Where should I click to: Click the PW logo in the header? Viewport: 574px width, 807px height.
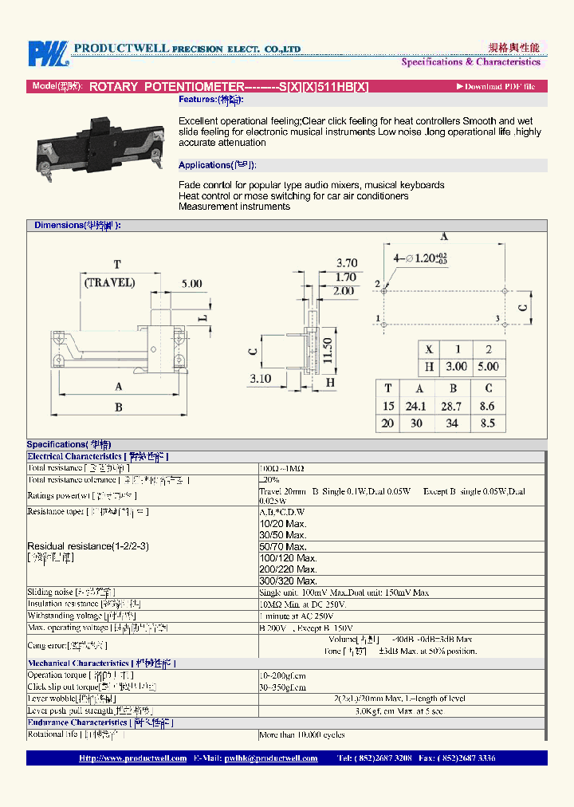[49, 53]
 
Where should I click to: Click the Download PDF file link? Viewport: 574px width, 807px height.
[496, 86]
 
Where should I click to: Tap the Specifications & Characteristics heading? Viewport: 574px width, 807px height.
[470, 61]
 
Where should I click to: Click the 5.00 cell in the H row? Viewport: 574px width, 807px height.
[488, 367]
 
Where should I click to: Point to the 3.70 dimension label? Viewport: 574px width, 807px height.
[347, 262]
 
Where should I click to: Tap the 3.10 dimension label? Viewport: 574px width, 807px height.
[260, 378]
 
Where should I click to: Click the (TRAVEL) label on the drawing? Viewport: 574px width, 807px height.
[109, 282]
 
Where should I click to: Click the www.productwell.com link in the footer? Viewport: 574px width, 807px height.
[133, 758]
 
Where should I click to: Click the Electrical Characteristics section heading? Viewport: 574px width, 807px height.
[98, 457]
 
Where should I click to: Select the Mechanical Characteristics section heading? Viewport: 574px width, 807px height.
[101, 663]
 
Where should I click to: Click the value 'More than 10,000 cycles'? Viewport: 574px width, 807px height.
[302, 734]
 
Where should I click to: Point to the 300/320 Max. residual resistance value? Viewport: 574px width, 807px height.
[282, 581]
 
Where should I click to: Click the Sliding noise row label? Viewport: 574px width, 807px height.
[71, 592]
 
